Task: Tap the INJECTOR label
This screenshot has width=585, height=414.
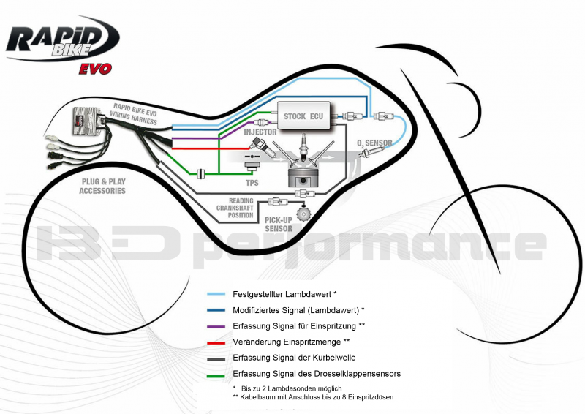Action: pos(260,132)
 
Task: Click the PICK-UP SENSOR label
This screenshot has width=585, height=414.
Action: pos(279,224)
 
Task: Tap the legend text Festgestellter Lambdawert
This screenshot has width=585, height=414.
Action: pos(284,293)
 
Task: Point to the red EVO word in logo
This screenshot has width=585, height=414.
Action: pos(95,69)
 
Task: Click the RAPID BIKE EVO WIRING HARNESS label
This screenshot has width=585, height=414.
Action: pos(135,114)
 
